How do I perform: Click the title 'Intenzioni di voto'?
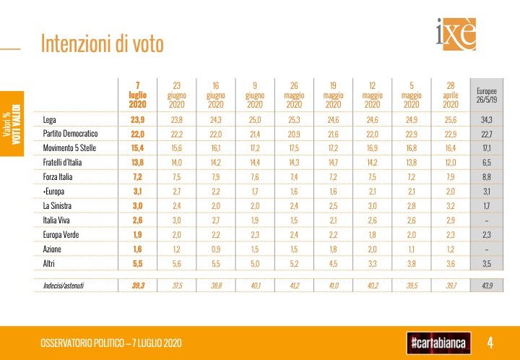(103, 44)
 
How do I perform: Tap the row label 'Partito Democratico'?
(70, 134)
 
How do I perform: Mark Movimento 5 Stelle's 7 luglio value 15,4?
(137, 147)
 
